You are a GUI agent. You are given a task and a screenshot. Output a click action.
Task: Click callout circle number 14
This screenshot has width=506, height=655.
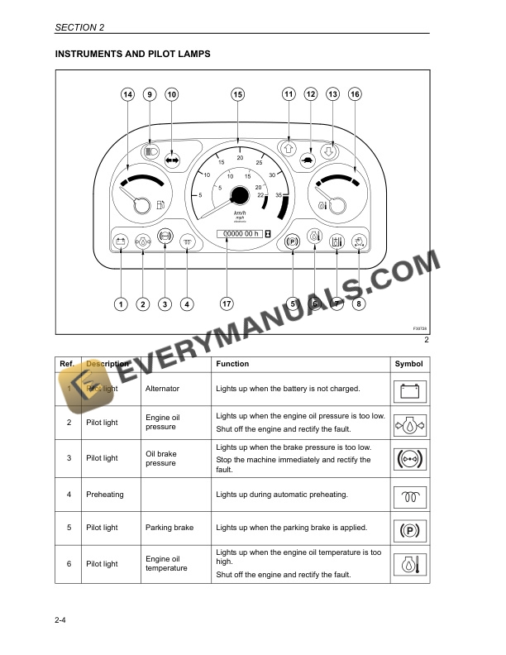[x=127, y=94]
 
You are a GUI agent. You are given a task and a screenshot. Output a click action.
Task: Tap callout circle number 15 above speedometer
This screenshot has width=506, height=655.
[x=238, y=94]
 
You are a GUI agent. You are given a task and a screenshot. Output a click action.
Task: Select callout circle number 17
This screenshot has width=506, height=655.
[x=227, y=304]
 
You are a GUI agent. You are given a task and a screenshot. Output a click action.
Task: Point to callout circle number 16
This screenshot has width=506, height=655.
[x=355, y=94]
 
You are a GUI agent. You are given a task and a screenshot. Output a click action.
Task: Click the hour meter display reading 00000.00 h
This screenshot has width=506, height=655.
[x=240, y=233]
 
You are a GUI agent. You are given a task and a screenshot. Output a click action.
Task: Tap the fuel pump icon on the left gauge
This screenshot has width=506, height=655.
[x=160, y=203]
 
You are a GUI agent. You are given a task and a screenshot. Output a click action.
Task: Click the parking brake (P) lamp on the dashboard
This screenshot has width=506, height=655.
[x=292, y=241]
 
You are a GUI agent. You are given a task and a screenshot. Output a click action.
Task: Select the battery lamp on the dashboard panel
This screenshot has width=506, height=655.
[x=121, y=241]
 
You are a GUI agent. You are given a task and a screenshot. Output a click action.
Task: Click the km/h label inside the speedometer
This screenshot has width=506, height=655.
[x=240, y=213]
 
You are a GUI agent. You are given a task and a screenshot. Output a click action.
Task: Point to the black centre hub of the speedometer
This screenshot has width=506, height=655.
[x=240, y=195]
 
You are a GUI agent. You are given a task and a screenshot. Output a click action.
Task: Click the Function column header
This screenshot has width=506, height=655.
[x=232, y=364]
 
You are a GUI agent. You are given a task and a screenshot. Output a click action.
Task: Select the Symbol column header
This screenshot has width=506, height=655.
[x=408, y=364]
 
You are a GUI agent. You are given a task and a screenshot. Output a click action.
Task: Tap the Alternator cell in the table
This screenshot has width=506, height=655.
[x=162, y=388]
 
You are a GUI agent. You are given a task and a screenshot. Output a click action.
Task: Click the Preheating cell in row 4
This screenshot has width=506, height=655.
[x=104, y=495]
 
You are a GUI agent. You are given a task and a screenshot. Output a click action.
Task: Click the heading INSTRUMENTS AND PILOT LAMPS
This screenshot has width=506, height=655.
[x=132, y=54]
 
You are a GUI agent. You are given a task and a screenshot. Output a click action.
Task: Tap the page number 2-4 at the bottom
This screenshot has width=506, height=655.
[x=60, y=633]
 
